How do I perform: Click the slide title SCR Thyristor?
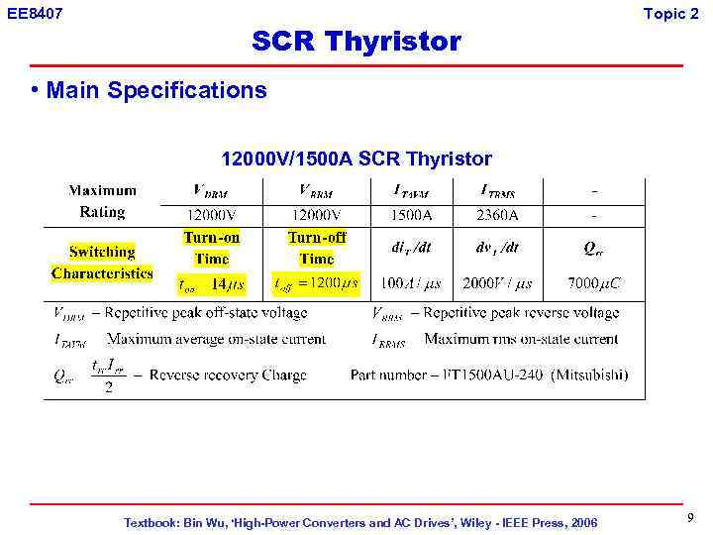point(356,42)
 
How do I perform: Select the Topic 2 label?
point(670,13)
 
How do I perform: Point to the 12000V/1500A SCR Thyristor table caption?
point(356,159)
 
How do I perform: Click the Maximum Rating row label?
point(102,201)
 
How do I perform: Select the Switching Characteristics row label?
point(102,263)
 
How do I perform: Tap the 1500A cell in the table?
point(409,214)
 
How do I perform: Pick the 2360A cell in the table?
point(496,214)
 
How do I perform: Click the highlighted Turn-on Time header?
point(212,248)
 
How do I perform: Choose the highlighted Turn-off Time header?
point(317,248)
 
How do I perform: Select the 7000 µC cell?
point(594,283)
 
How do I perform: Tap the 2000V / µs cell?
point(497,283)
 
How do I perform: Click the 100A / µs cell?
point(410,283)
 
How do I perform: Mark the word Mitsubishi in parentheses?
point(589,374)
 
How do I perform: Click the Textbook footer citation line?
point(360,522)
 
